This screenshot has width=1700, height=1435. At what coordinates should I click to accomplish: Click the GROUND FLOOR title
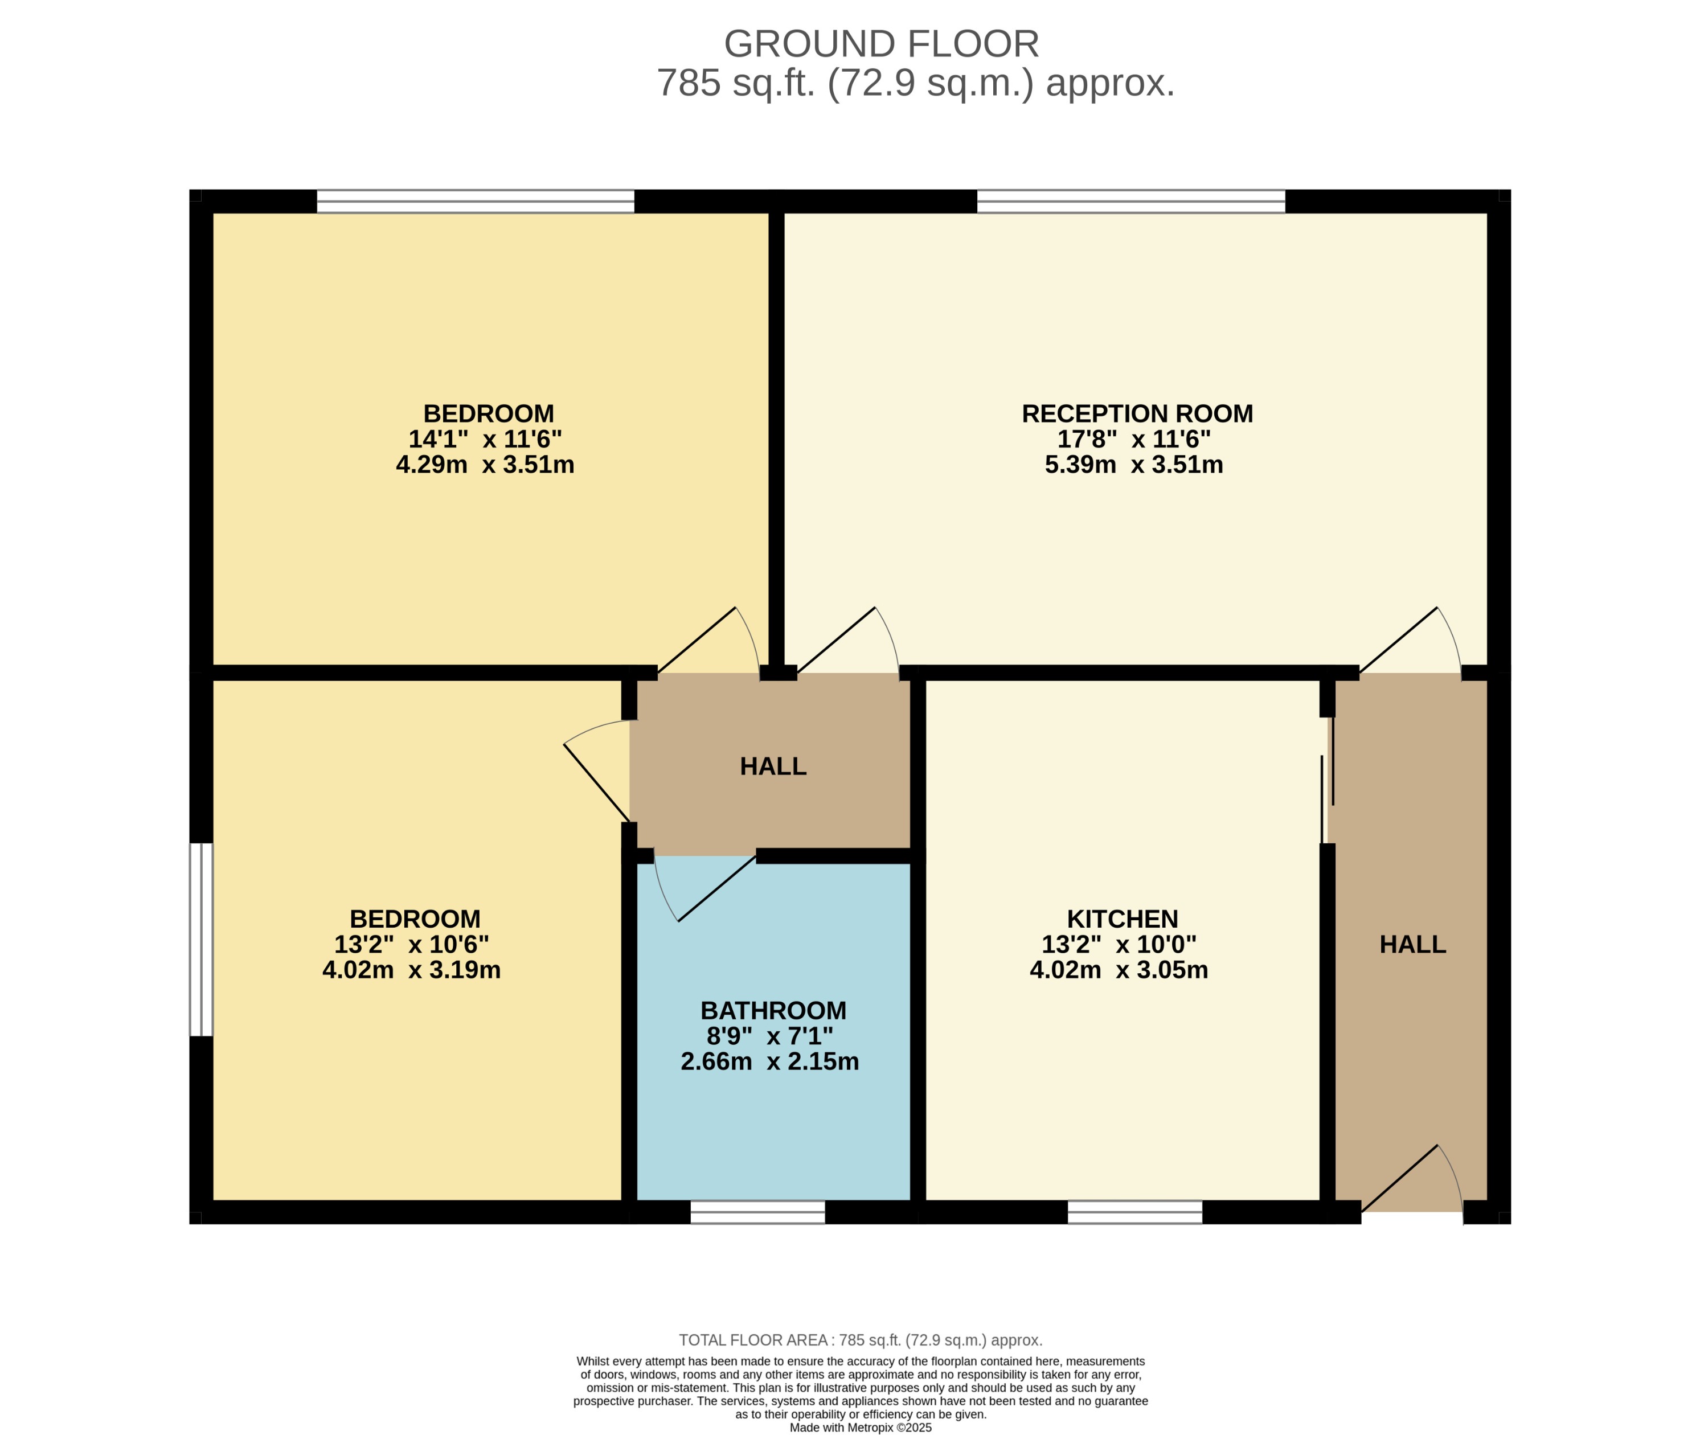coord(881,44)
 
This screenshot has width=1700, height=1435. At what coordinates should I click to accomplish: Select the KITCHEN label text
coord(1122,919)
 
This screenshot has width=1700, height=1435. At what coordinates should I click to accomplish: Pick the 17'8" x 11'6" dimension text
coord(1133,439)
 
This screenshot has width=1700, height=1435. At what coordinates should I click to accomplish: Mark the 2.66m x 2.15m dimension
coord(769,1061)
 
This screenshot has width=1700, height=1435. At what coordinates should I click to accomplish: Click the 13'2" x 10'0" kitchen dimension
coord(1119,945)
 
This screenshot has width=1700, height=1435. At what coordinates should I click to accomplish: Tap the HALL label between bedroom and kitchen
coord(773,766)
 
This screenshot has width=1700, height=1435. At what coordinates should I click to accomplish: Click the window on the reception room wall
coord(1130,201)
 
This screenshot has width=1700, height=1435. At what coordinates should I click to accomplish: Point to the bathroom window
coord(757,1212)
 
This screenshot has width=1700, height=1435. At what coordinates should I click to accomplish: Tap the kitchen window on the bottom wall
coord(1134,1212)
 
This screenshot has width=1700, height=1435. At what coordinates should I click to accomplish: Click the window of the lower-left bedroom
coord(201,940)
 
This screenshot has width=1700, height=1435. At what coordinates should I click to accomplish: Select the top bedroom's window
coord(475,201)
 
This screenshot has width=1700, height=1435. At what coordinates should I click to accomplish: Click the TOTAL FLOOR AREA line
coord(860,1340)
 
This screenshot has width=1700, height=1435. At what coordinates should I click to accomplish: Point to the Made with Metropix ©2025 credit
coord(860,1428)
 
